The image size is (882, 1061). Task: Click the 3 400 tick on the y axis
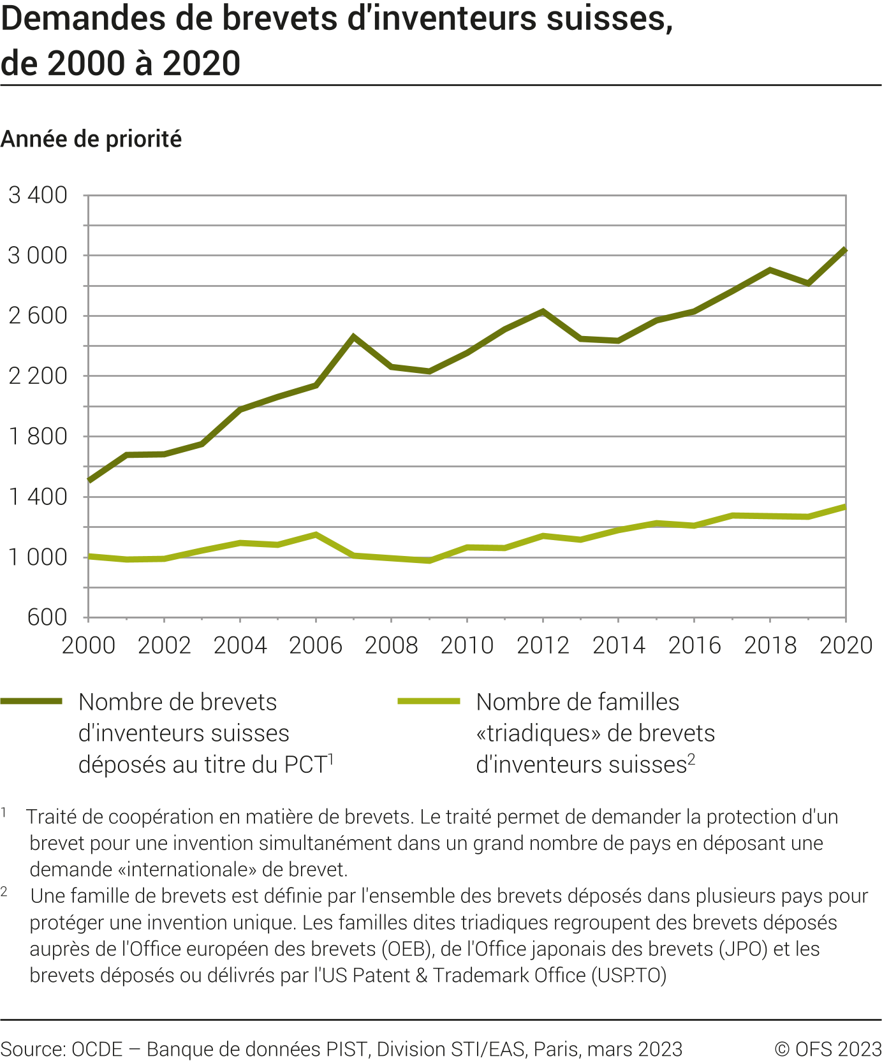pyautogui.click(x=38, y=195)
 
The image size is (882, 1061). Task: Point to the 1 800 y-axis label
pyautogui.click(x=38, y=437)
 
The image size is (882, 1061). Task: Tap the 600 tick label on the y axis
pyautogui.click(x=47, y=617)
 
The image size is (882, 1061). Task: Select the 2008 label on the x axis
pyautogui.click(x=391, y=645)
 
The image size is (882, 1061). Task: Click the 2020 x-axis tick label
pyautogui.click(x=846, y=645)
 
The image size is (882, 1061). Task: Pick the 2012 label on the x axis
pyautogui.click(x=543, y=645)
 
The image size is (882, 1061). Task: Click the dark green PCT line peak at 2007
pyautogui.click(x=353, y=337)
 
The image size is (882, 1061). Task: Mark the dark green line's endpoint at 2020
pyautogui.click(x=845, y=250)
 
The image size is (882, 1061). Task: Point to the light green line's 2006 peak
pyautogui.click(x=316, y=534)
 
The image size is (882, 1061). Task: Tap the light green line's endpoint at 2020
pyautogui.click(x=845, y=507)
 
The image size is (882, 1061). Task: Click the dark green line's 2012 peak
pyautogui.click(x=543, y=311)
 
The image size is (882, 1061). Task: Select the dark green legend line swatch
pyautogui.click(x=31, y=701)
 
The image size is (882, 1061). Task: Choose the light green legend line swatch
pyautogui.click(x=429, y=701)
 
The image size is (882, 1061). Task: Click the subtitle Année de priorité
pyautogui.click(x=91, y=139)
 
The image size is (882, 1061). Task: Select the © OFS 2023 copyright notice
pyautogui.click(x=828, y=1049)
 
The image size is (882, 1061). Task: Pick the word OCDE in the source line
pyautogui.click(x=97, y=1049)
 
